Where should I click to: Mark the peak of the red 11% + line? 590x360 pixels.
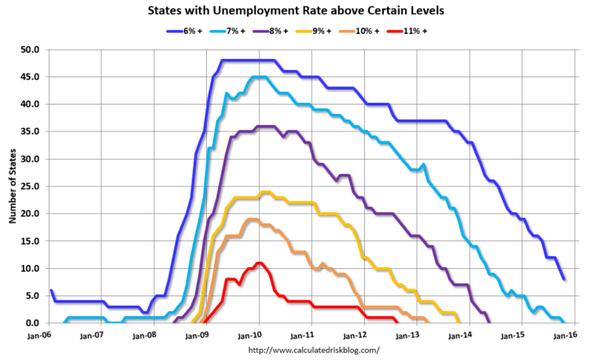259,263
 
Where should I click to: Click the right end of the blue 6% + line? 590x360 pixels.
563,278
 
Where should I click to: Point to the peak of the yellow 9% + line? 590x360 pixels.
265,192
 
